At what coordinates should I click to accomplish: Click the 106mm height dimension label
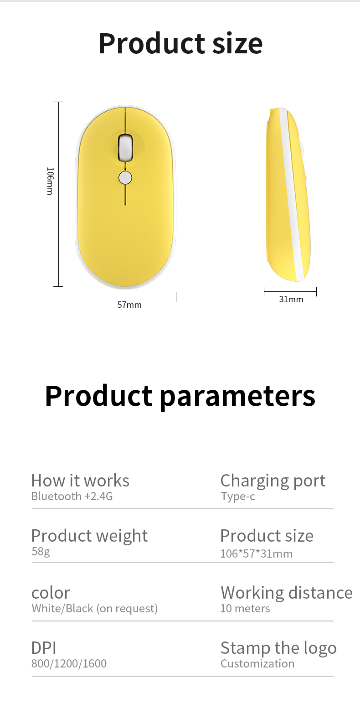[x=50, y=181]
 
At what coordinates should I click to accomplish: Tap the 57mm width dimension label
[x=129, y=305]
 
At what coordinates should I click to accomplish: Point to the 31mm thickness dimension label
[x=291, y=300]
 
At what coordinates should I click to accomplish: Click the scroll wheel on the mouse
[x=125, y=147]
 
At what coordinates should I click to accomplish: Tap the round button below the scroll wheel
[x=125, y=178]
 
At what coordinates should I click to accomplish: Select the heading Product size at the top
[x=180, y=43]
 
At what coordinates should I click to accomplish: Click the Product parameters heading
[x=180, y=395]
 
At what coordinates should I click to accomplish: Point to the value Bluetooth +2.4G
[x=72, y=497]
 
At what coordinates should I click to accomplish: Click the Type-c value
[x=238, y=497]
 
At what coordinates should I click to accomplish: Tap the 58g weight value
[x=41, y=552]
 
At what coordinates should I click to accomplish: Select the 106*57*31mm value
[x=256, y=554]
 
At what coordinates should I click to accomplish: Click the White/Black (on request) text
[x=94, y=608]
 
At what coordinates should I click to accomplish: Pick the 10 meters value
[x=245, y=608]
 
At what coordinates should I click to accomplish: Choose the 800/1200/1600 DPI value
[x=69, y=663]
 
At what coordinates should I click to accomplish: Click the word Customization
[x=257, y=663]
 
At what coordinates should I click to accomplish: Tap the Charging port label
[x=273, y=481]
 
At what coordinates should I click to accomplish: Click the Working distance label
[x=286, y=592]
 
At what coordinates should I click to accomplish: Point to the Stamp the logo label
[x=278, y=648]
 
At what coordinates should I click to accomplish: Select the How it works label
[x=80, y=481]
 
